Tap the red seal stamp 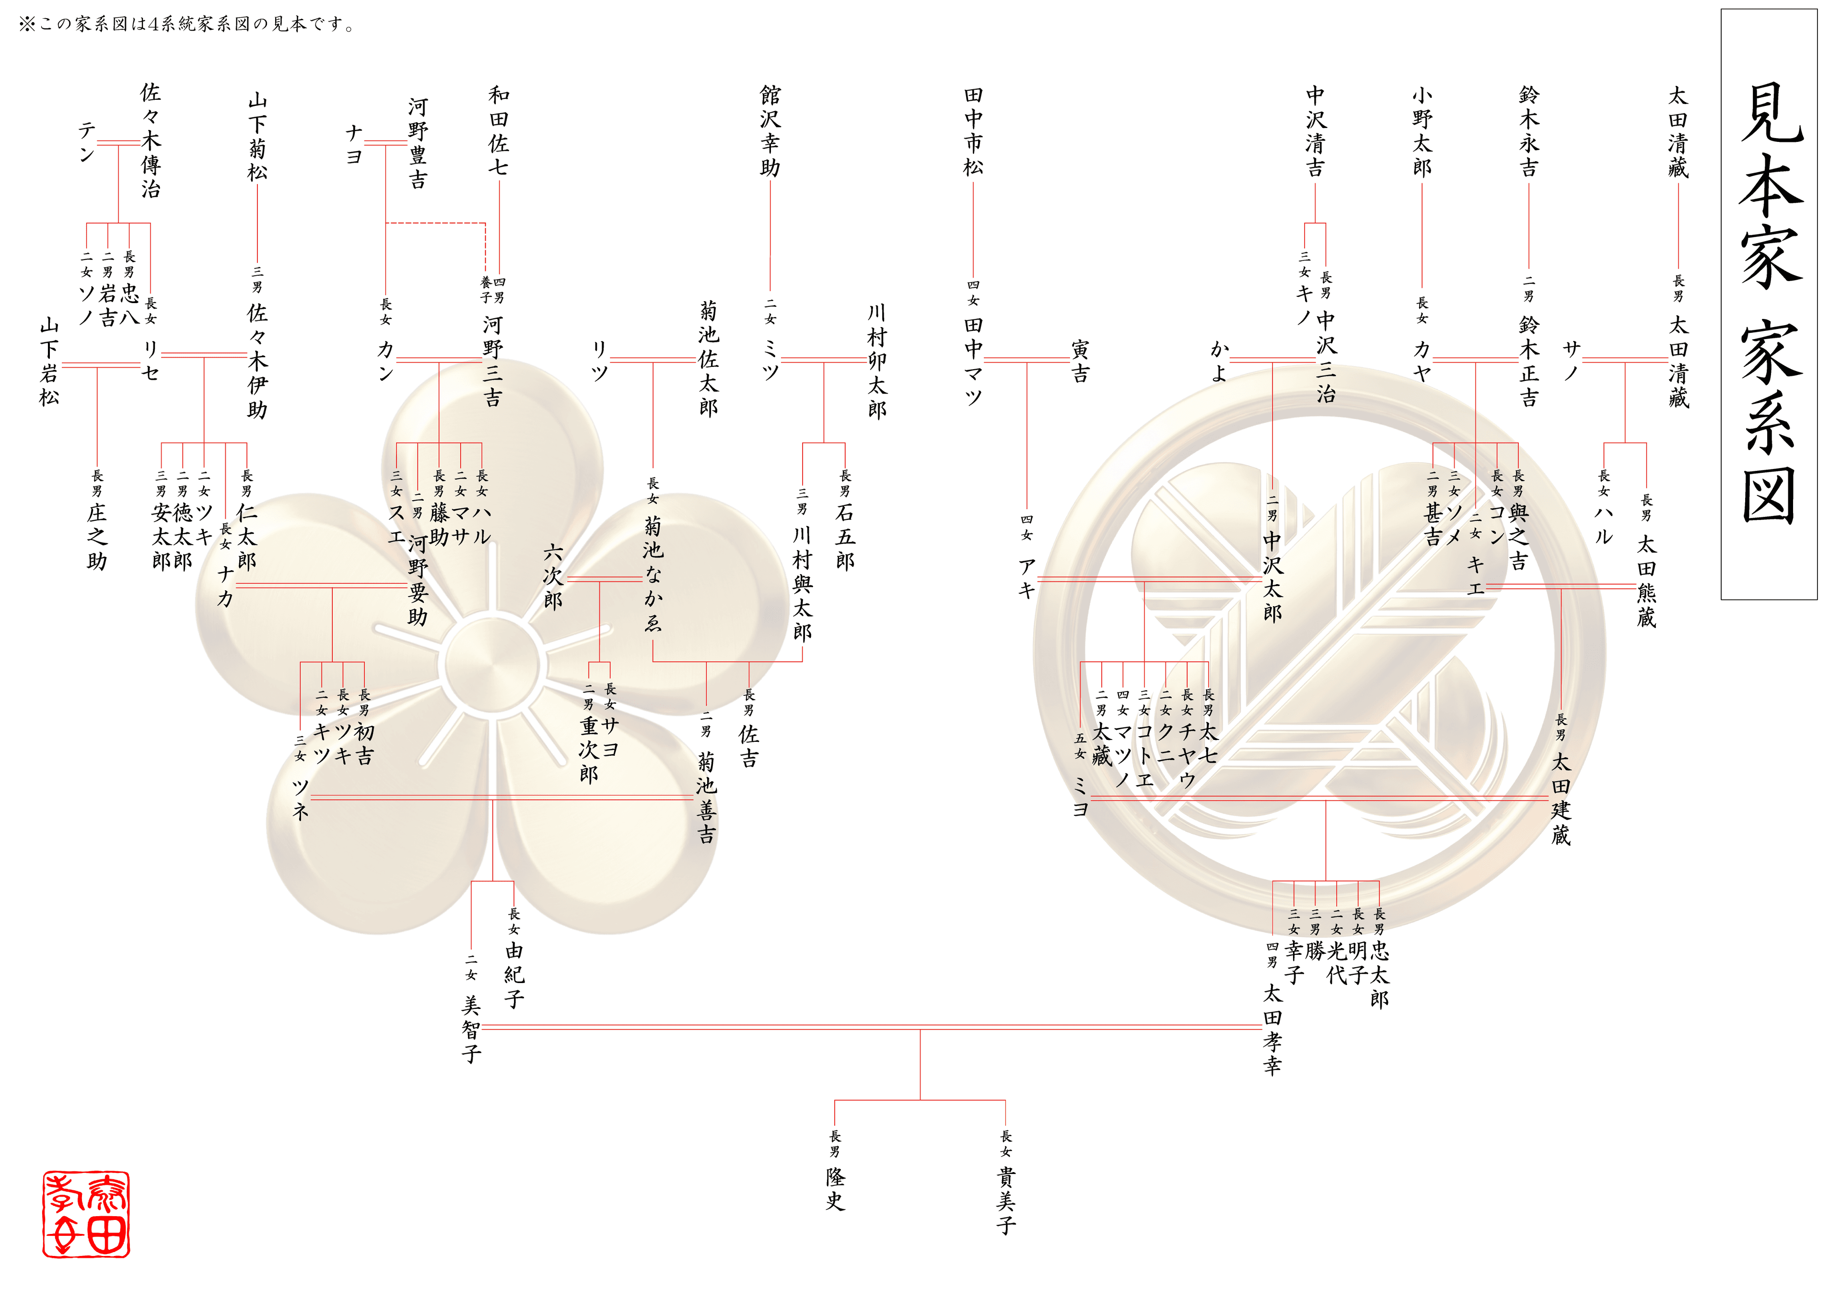86,1214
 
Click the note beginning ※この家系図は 187,24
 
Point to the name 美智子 471,1029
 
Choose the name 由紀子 514,974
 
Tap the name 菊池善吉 706,798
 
